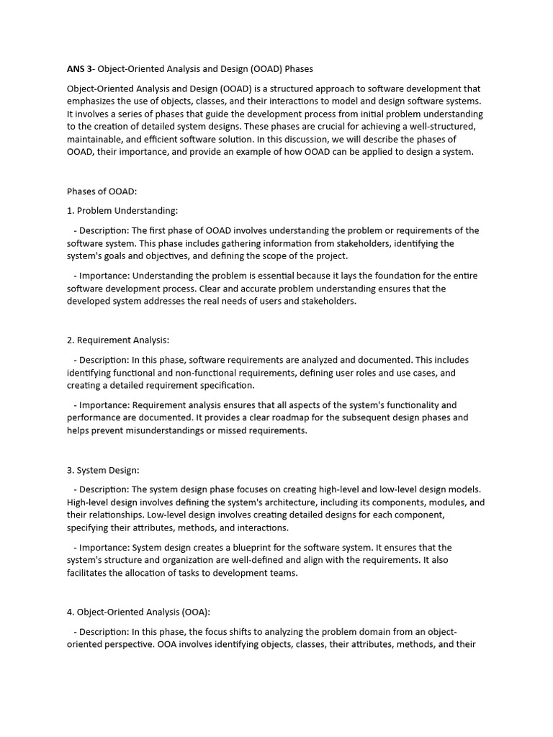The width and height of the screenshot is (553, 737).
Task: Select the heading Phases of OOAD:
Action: tap(102, 191)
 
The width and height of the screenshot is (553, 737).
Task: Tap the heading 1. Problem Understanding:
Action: tap(122, 211)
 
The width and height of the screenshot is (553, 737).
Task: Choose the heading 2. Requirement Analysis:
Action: tap(118, 340)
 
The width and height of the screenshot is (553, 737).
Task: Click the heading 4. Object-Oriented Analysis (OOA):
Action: tap(139, 612)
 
